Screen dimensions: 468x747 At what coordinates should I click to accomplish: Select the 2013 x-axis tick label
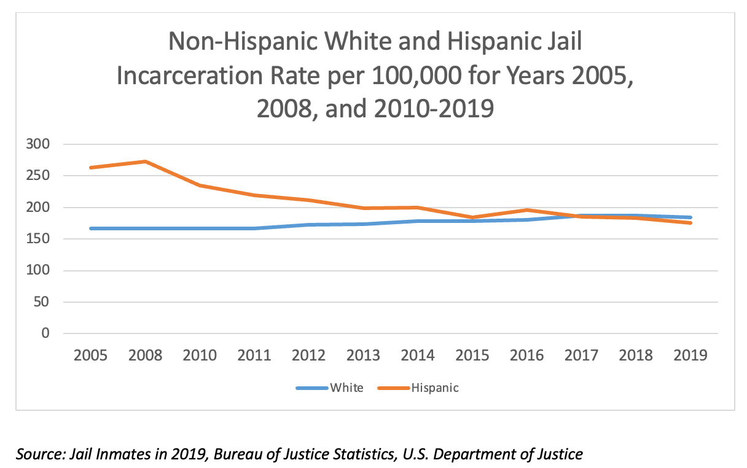(363, 355)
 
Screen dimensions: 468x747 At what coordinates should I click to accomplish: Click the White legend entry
(346, 388)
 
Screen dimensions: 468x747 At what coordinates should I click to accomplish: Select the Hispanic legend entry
(434, 388)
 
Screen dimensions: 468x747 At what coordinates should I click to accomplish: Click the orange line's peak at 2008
(145, 162)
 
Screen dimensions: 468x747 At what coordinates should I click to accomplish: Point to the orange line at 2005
(90, 168)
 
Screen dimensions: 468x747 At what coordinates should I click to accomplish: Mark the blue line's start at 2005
(90, 228)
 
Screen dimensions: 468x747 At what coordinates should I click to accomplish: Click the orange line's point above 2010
(200, 185)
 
